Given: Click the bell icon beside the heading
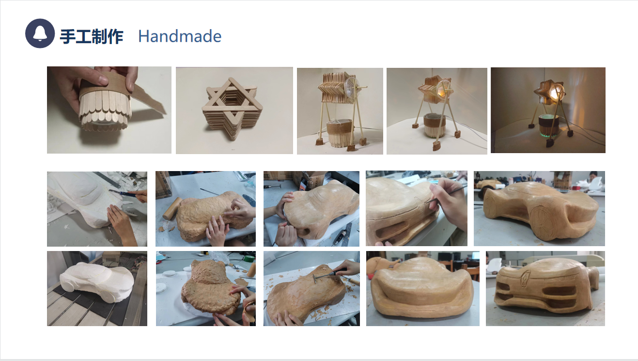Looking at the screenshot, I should pos(40,33).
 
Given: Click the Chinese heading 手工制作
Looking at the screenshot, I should pos(92,36).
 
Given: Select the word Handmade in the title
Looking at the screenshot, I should pos(180,36).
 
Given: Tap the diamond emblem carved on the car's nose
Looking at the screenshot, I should pos(525,280).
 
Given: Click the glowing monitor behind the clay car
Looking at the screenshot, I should pos(475,255).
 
